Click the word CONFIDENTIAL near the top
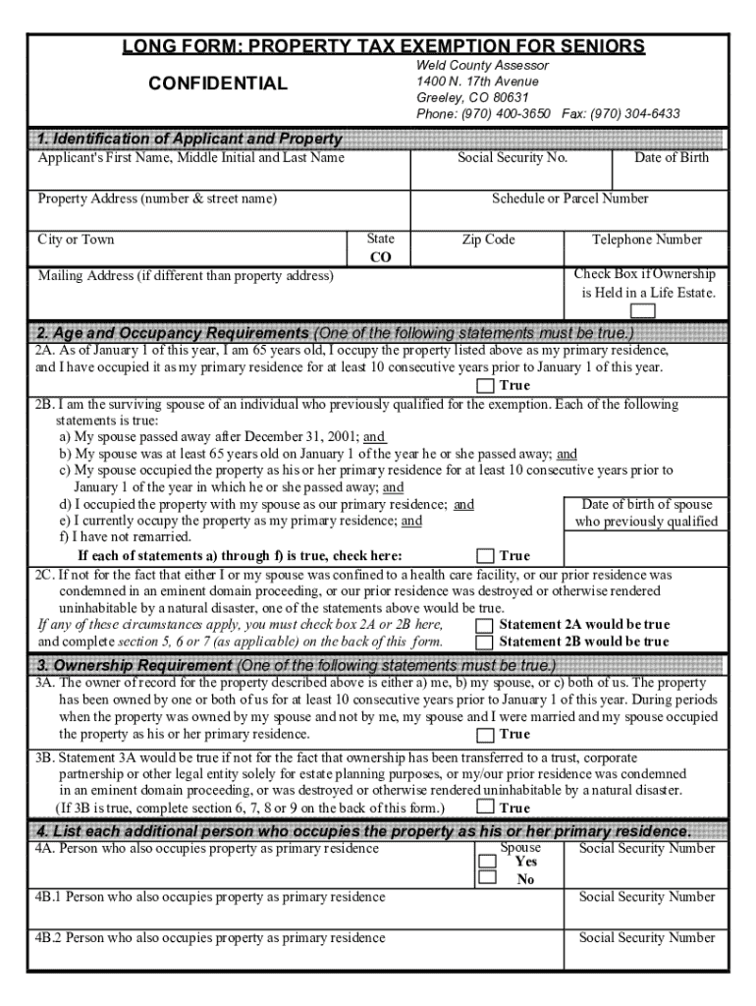pyautogui.click(x=218, y=84)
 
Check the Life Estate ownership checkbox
pyautogui.click(x=644, y=311)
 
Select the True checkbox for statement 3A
pyautogui.click(x=485, y=735)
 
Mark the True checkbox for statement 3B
pyautogui.click(x=485, y=808)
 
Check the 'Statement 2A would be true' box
pyautogui.click(x=485, y=625)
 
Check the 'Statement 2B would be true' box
pyautogui.click(x=485, y=643)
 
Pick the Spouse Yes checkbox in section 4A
pyautogui.click(x=487, y=861)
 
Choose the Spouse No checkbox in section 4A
pyautogui.click(x=487, y=878)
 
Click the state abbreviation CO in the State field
pyautogui.click(x=380, y=257)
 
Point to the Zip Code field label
pyautogui.click(x=488, y=240)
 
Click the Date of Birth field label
pyautogui.click(x=671, y=158)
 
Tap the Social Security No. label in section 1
pyautogui.click(x=513, y=158)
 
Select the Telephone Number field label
pyautogui.click(x=646, y=240)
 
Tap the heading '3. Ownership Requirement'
pyautogui.click(x=135, y=665)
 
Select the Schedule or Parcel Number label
pyautogui.click(x=569, y=198)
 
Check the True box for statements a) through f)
pyautogui.click(x=485, y=556)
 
